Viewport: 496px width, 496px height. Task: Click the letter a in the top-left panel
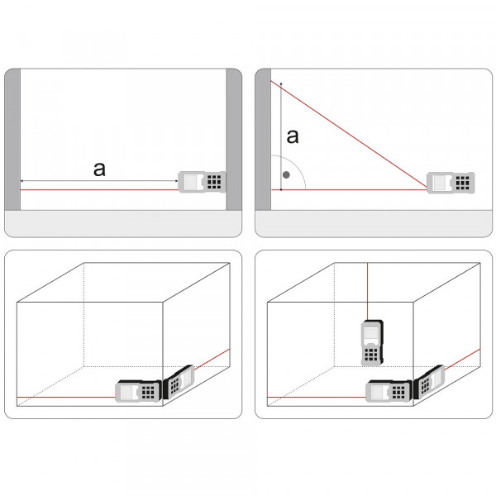pos(99,169)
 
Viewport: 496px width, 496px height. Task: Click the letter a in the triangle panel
pos(293,136)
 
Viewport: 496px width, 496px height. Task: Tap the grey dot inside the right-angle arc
pos(286,175)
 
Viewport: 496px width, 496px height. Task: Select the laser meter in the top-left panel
pos(202,182)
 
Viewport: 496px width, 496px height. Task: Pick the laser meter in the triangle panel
pos(451,183)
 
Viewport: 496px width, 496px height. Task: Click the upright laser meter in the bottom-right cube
pos(372,343)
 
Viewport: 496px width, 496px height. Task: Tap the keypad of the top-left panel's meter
pos(214,182)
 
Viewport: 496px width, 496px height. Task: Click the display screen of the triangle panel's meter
pos(440,183)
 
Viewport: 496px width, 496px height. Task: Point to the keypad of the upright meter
pos(371,355)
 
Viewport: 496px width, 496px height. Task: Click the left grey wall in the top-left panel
pos(12,139)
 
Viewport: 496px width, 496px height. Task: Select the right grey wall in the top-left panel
pos(234,139)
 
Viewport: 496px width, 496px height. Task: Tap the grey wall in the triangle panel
pos(263,139)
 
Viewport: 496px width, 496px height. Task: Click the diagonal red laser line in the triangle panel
pos(349,135)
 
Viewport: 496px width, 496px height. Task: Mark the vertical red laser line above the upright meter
pos(367,291)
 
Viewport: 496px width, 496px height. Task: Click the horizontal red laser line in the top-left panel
pos(99,190)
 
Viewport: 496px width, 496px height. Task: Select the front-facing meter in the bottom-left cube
pos(138,391)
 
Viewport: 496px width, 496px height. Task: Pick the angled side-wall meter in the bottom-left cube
pos(178,381)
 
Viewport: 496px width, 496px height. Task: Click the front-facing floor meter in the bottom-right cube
pos(389,391)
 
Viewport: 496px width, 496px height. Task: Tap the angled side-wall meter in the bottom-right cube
pos(429,381)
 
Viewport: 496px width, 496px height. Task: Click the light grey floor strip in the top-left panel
pos(123,224)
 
